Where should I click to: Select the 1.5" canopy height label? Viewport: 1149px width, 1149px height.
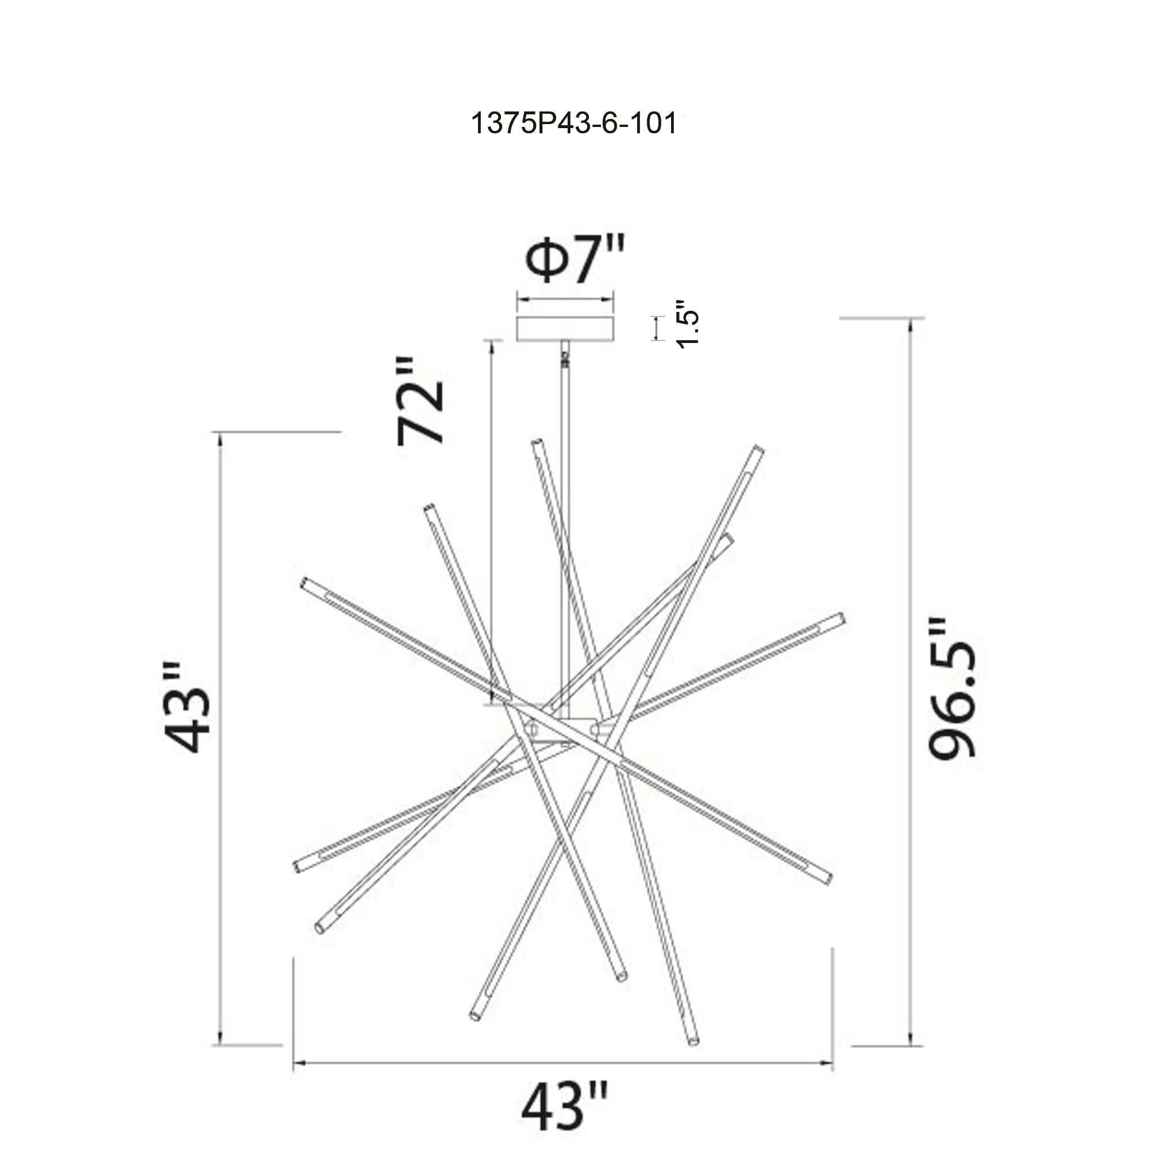click(688, 325)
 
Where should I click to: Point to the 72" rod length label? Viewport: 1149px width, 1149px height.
click(421, 402)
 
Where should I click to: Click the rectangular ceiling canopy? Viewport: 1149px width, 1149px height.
click(565, 329)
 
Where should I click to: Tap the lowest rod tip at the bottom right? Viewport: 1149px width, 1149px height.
click(693, 1042)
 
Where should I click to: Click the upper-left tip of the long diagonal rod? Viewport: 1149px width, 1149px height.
click(305, 581)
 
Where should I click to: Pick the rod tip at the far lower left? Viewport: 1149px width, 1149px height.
click(298, 867)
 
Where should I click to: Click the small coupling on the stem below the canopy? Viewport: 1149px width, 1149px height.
click(564, 358)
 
